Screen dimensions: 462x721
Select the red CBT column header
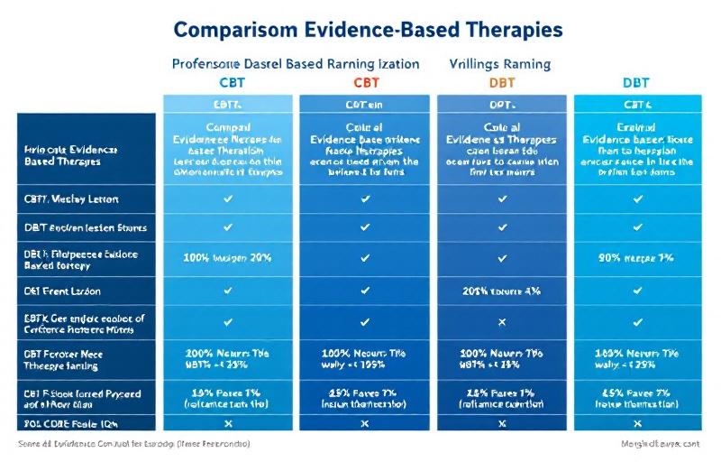pyautogui.click(x=365, y=83)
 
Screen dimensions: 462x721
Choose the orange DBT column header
pyautogui.click(x=502, y=83)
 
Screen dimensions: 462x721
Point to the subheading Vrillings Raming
pyautogui.click(x=499, y=64)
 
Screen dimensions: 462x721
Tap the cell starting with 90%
pyautogui.click(x=637, y=258)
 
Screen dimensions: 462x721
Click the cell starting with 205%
pyautogui.click(x=502, y=291)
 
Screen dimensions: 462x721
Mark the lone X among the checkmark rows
pyautogui.click(x=502, y=322)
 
